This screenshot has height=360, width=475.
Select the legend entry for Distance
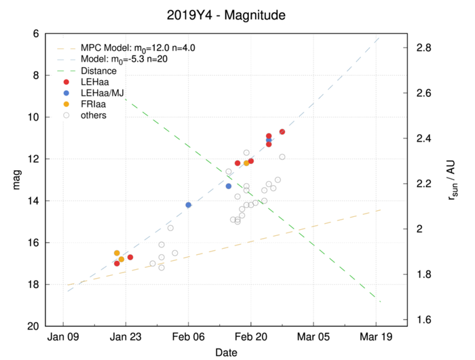(x=98, y=71)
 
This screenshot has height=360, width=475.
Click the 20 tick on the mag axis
(x=33, y=326)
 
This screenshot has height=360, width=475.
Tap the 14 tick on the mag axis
(x=33, y=201)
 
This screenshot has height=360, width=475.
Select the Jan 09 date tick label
(x=62, y=336)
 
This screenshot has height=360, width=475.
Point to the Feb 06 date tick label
(x=188, y=336)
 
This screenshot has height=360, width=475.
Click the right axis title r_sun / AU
(x=453, y=180)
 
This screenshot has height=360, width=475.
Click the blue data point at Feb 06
(x=188, y=205)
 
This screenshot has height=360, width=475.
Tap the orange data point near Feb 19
(x=246, y=163)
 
